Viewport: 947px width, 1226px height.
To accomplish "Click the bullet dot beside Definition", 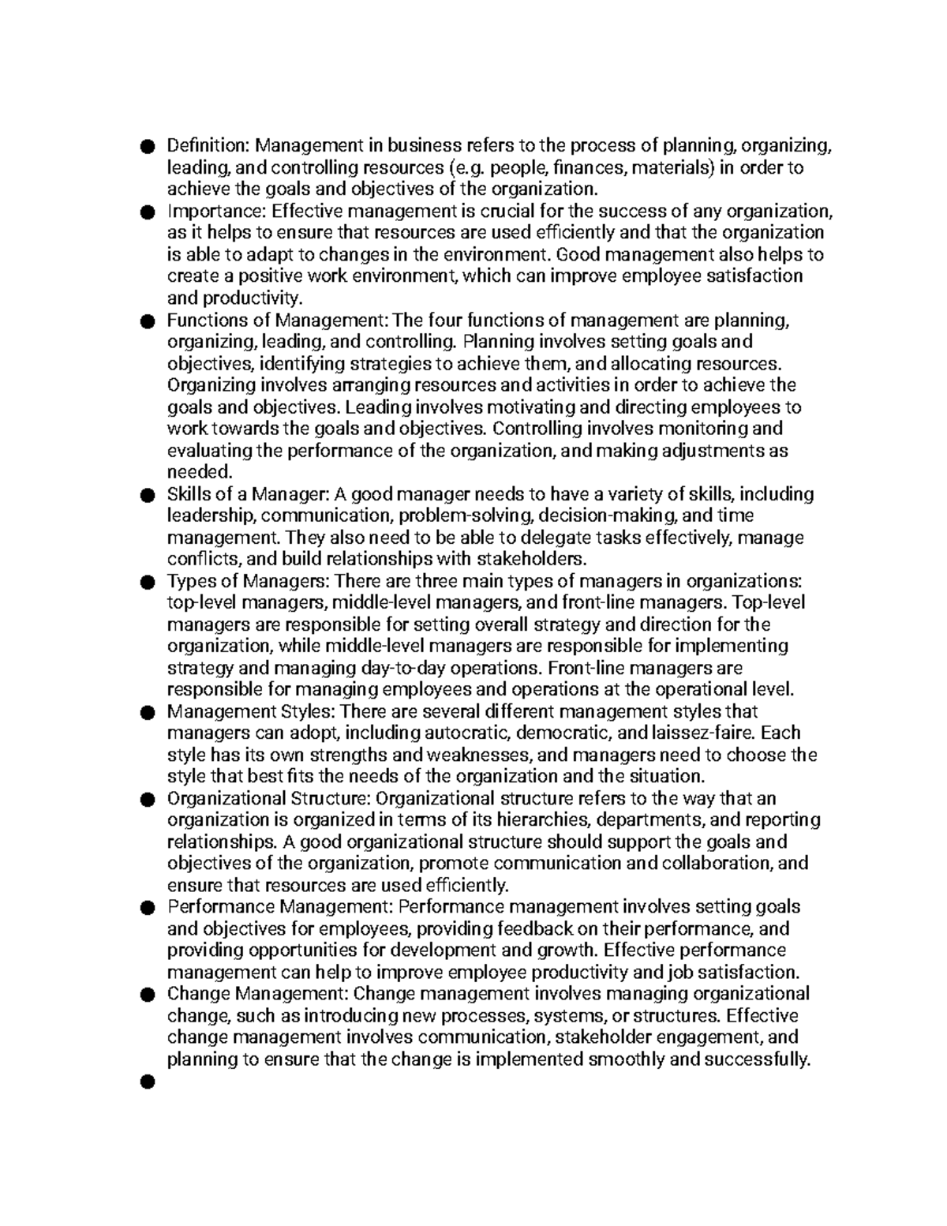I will pos(146,147).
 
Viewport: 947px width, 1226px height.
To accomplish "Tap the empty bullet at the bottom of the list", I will pos(146,1082).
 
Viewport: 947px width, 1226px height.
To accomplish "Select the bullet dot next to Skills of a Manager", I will pos(146,495).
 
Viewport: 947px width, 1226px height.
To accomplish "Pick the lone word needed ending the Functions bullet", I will pos(200,472).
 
